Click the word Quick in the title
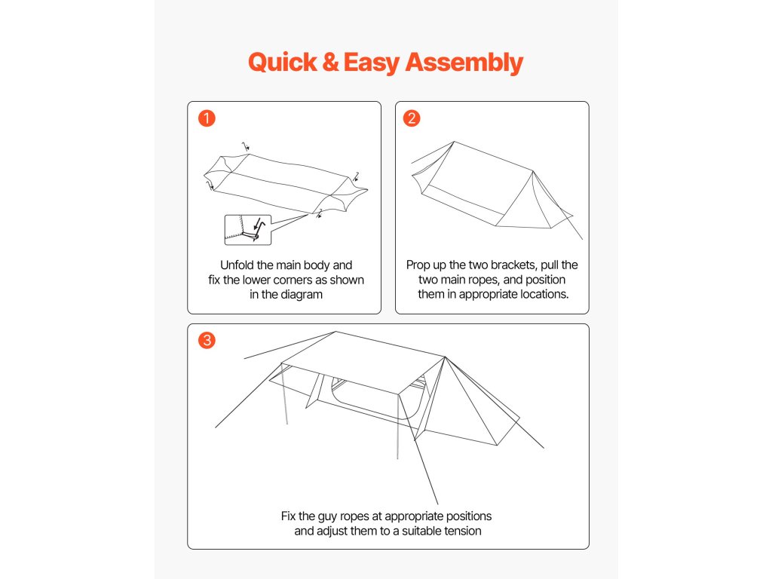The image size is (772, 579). pyautogui.click(x=283, y=63)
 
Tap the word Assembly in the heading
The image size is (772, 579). pyautogui.click(x=464, y=63)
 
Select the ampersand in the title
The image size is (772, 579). pyautogui.click(x=330, y=63)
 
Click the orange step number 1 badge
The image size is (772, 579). pyautogui.click(x=207, y=118)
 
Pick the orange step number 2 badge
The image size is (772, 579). pyautogui.click(x=412, y=118)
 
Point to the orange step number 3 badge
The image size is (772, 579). pyautogui.click(x=207, y=340)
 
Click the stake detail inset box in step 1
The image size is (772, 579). pyautogui.click(x=247, y=229)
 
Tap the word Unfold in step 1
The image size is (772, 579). pyautogui.click(x=237, y=265)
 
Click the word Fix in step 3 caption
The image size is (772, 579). pyautogui.click(x=289, y=516)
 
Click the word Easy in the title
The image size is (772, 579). pyautogui.click(x=372, y=63)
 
